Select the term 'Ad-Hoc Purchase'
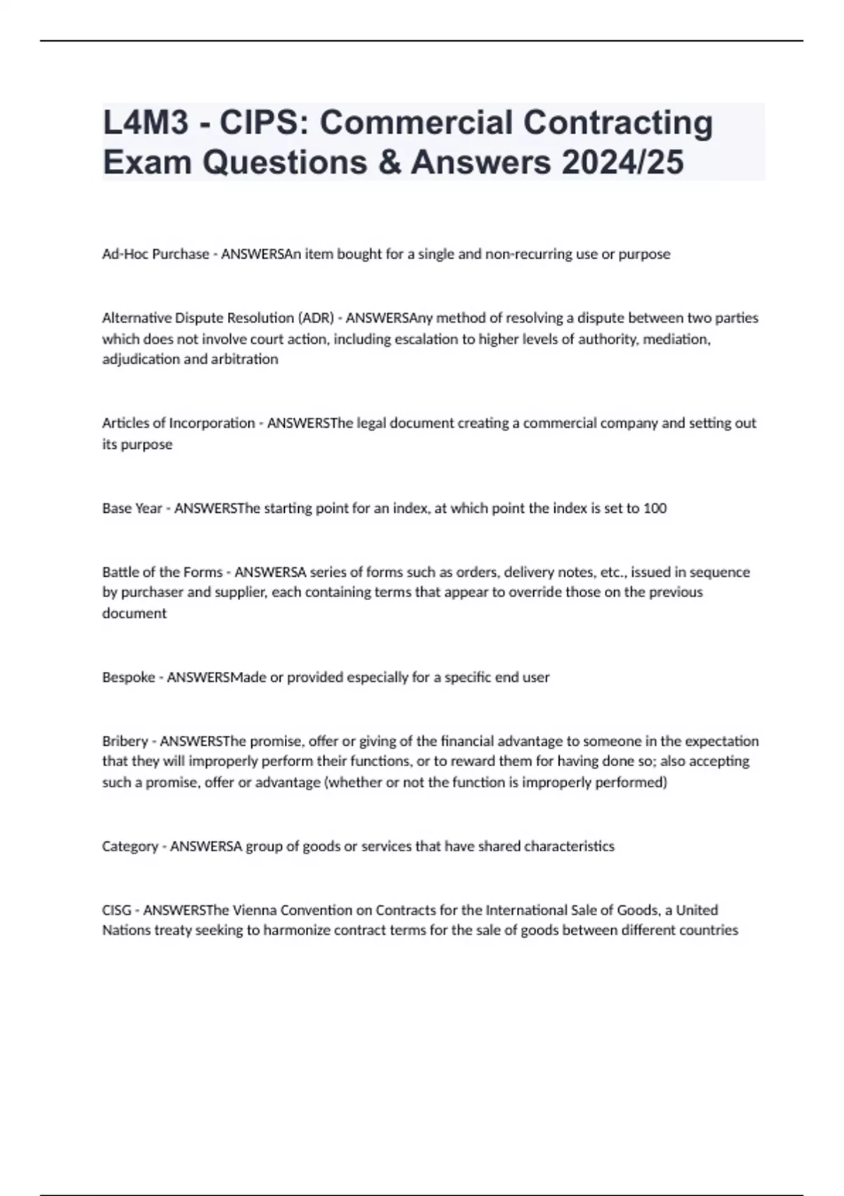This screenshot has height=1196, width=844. (x=155, y=254)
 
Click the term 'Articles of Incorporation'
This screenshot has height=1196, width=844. (x=179, y=424)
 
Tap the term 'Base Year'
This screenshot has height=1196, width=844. (x=132, y=509)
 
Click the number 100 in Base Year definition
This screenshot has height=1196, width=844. (x=655, y=509)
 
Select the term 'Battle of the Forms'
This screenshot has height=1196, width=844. (x=162, y=573)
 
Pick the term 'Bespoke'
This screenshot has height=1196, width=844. (x=129, y=677)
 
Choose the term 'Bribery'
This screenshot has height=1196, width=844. (x=125, y=742)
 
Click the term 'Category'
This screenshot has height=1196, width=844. (x=130, y=846)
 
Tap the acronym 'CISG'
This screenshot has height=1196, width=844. (x=117, y=910)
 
